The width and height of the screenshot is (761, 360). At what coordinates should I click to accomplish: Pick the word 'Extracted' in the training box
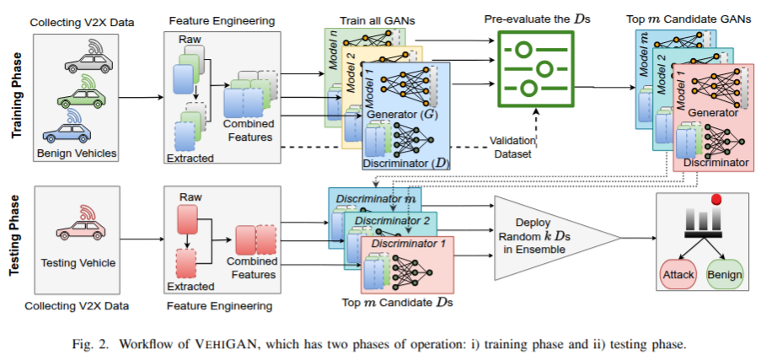(x=190, y=158)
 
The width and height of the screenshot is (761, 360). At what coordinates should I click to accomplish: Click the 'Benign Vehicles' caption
(x=76, y=153)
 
